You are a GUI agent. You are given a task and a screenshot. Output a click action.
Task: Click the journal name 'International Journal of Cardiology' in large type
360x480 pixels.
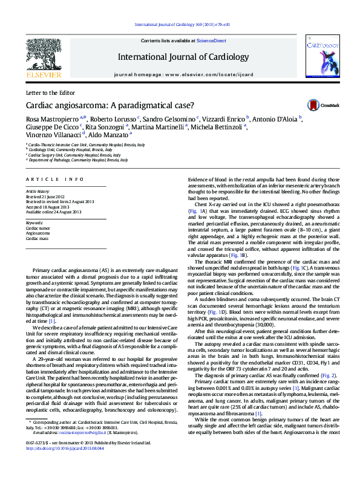tap(183, 57)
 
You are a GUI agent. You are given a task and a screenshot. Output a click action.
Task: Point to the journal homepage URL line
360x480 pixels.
tap(182, 74)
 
